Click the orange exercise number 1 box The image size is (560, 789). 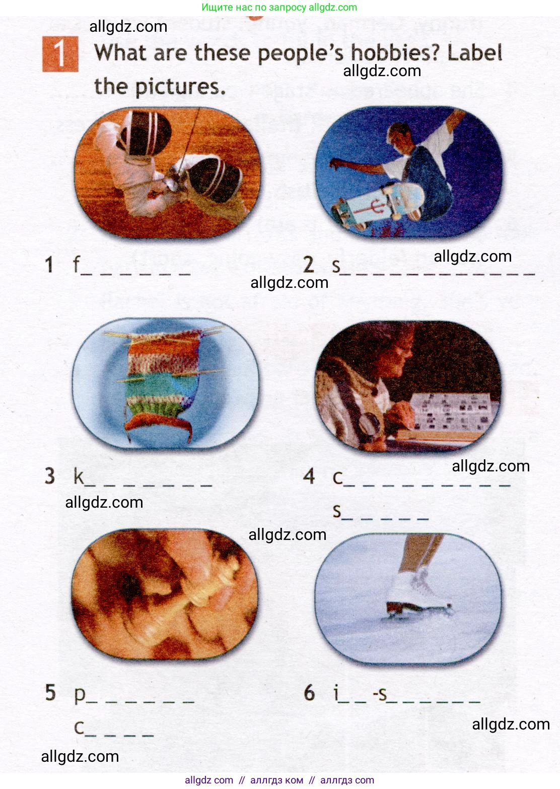tap(60, 54)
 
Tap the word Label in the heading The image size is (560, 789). tap(474, 53)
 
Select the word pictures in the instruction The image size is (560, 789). tap(180, 87)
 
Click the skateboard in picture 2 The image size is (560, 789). tap(378, 205)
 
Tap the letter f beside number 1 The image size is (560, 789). tap(77, 264)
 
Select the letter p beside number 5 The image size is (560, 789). tap(80, 694)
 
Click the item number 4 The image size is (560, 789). tap(309, 476)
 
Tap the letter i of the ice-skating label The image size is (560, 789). tap(336, 692)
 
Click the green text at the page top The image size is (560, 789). tap(279, 7)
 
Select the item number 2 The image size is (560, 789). tap(309, 265)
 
